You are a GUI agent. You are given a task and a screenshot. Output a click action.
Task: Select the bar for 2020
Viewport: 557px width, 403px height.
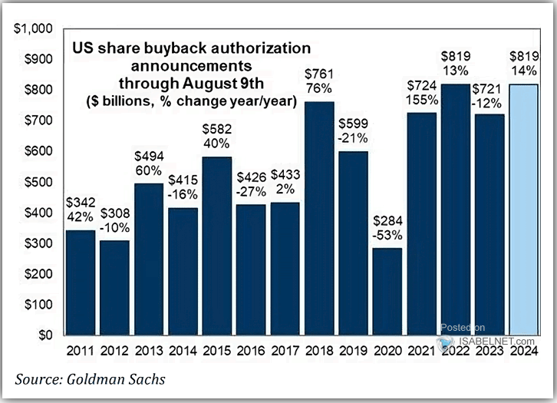click(387, 292)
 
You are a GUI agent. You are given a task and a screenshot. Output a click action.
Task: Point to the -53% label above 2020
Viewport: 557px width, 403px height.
click(388, 233)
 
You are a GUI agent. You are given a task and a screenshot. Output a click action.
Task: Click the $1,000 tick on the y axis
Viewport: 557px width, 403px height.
click(31, 29)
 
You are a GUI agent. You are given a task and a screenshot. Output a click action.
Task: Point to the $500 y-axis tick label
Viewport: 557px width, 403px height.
click(35, 182)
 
